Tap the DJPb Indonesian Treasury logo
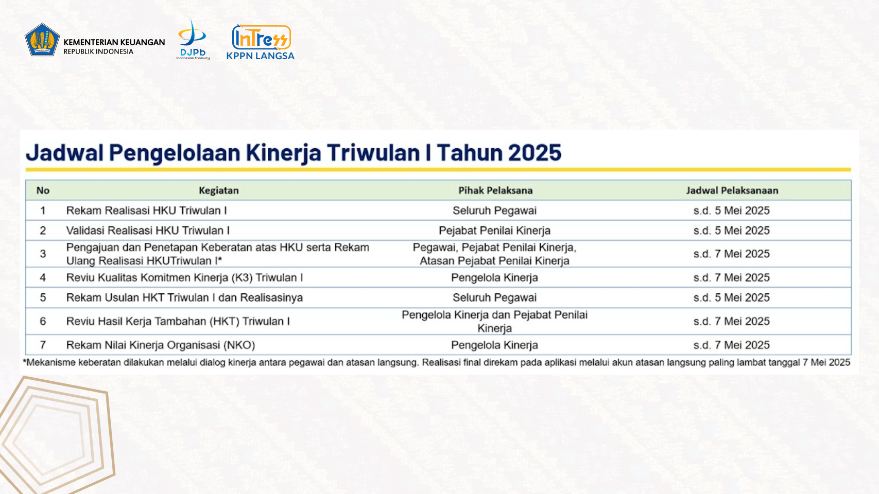[x=193, y=40]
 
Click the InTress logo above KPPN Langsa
[x=262, y=37]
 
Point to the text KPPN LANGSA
[x=260, y=56]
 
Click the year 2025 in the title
[x=535, y=152]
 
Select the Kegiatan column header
[x=218, y=190]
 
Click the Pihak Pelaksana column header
[x=495, y=190]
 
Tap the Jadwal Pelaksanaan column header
[x=732, y=190]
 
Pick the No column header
[x=43, y=190]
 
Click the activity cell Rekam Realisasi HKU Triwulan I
[x=146, y=210]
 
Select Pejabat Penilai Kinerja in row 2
[x=494, y=231]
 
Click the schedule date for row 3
[x=731, y=254]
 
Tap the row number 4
[x=43, y=277]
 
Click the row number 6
[x=43, y=322]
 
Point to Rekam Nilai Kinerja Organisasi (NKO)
[x=161, y=345]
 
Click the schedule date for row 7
[x=731, y=345]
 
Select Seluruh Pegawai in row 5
[x=494, y=297]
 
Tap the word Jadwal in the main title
[x=65, y=152]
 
